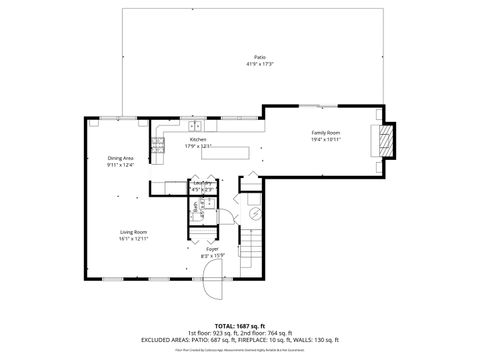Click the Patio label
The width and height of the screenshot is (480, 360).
(x=259, y=58)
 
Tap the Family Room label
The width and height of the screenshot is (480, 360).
(x=326, y=133)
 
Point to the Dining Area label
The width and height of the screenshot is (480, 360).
(x=121, y=159)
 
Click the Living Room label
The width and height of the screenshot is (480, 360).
(x=133, y=232)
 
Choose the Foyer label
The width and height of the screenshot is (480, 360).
(x=212, y=250)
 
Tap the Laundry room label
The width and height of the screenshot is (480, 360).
(x=202, y=184)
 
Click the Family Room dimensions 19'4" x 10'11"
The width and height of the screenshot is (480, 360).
(x=326, y=140)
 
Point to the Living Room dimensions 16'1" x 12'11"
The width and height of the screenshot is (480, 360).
(x=133, y=239)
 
